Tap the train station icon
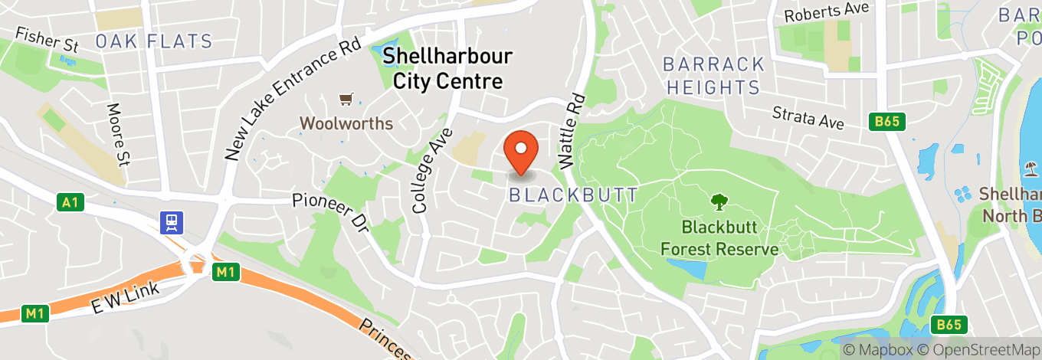170,223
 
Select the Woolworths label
346,123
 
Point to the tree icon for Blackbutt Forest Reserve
719,202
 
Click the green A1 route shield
69,203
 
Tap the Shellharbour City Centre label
447,68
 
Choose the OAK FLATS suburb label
154,41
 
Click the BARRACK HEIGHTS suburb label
714,75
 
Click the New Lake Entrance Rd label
292,100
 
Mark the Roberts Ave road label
827,12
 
